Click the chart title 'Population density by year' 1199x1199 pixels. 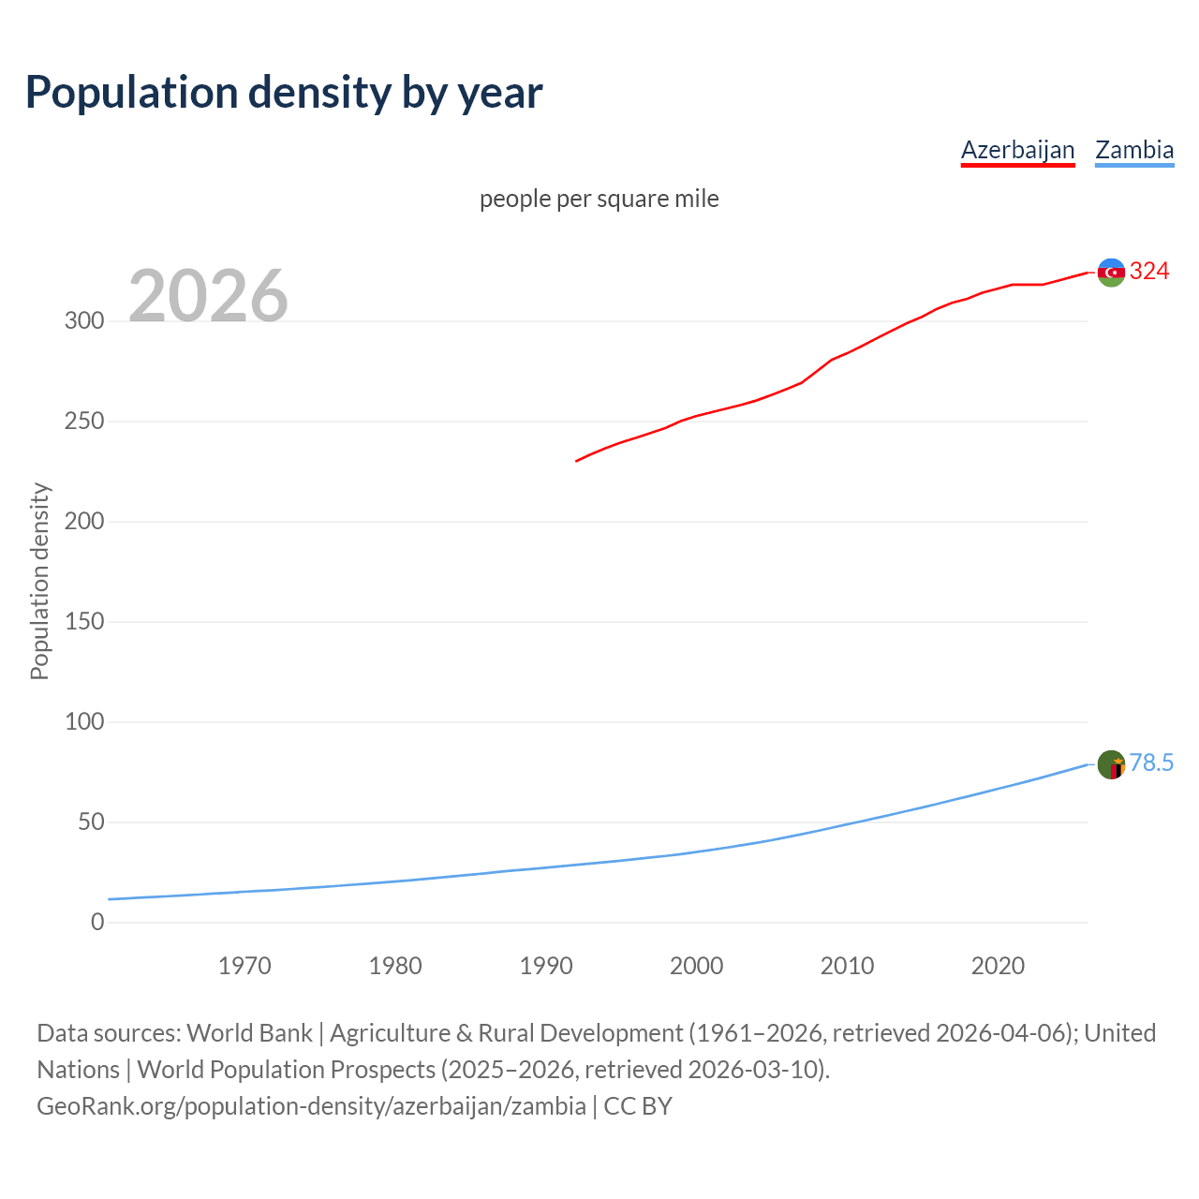tap(284, 93)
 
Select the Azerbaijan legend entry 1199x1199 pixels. tap(1017, 150)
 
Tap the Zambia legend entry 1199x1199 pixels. tap(1133, 150)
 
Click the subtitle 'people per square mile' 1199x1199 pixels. tap(599, 199)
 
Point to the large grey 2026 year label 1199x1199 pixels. tap(208, 296)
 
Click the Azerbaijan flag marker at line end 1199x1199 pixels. tap(1111, 273)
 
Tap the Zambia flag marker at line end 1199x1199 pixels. tap(1111, 764)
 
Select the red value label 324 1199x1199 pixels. tap(1149, 272)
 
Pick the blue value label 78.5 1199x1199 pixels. tap(1151, 763)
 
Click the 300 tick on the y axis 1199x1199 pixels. tap(83, 321)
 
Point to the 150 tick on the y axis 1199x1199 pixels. tap(83, 622)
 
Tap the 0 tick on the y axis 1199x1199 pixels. tap(97, 923)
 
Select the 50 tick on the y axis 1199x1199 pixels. tap(90, 822)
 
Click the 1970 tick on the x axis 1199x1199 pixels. tap(244, 966)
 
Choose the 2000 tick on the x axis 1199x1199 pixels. tap(696, 966)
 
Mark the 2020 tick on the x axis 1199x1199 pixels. tap(998, 966)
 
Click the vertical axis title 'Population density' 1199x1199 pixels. tap(39, 581)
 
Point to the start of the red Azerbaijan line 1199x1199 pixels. tap(577, 461)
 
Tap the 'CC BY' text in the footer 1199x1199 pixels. tap(638, 1106)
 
